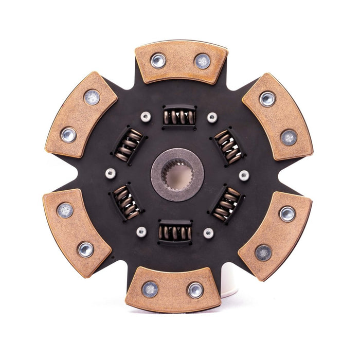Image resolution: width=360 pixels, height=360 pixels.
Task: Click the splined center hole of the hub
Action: (x=177, y=175)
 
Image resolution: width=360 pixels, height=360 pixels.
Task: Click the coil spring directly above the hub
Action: (x=179, y=117)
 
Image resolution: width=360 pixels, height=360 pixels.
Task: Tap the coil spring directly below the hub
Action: (x=175, y=232)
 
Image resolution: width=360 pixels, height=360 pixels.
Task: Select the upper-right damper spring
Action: (x=228, y=146)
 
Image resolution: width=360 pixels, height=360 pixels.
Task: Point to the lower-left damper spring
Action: (x=126, y=202)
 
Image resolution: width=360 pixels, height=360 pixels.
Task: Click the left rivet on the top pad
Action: (x=158, y=61)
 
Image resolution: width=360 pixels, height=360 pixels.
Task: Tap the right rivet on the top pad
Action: (x=202, y=61)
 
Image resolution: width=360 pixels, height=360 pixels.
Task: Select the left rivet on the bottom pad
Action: (x=151, y=289)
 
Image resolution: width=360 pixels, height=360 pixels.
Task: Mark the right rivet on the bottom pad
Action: (x=195, y=290)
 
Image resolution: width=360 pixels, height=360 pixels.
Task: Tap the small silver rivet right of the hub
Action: (x=244, y=175)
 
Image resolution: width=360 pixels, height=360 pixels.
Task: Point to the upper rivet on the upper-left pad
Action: (x=92, y=97)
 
